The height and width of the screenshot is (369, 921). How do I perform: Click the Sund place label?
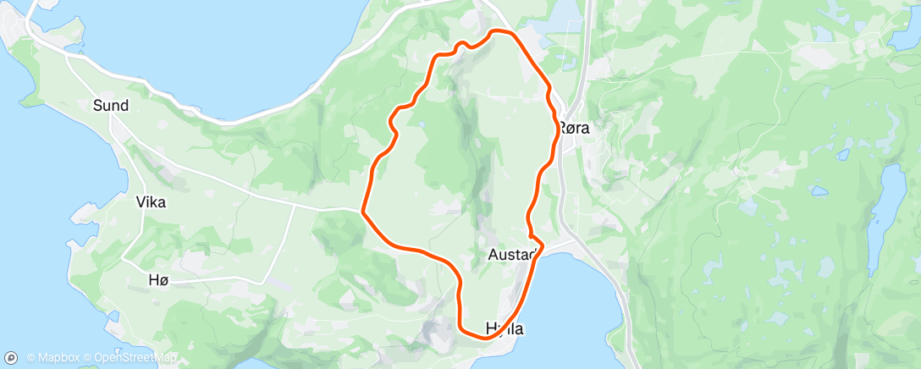(111, 106)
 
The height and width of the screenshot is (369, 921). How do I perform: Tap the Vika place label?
(151, 202)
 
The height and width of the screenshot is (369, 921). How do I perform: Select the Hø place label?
(158, 282)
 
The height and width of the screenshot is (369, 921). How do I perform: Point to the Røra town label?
(573, 128)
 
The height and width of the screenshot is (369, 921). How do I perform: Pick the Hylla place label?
(504, 328)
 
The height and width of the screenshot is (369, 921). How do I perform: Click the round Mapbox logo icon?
(12, 357)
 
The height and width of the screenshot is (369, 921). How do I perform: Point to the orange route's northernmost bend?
(499, 31)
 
